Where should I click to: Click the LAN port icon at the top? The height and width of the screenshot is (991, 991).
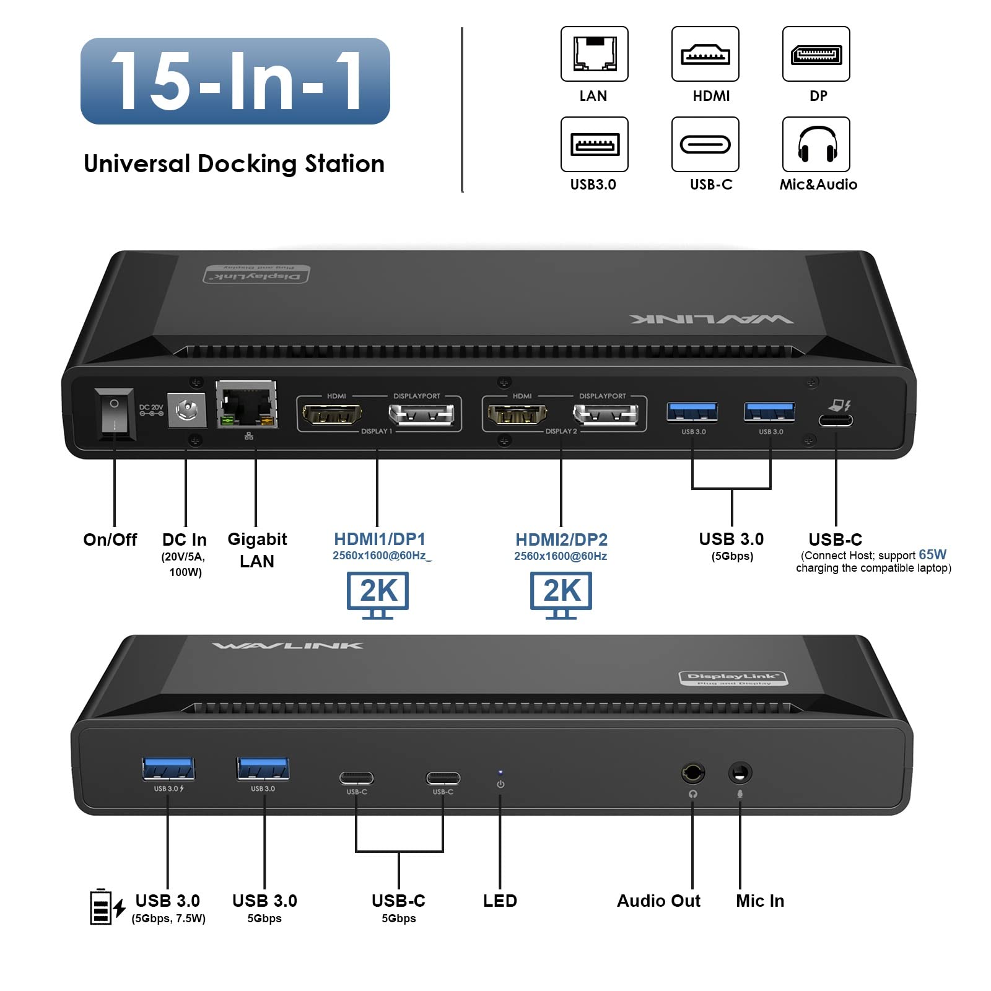tap(594, 54)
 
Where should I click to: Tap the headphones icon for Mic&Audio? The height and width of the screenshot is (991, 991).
tap(816, 144)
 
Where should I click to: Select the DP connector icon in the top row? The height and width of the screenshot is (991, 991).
tap(816, 54)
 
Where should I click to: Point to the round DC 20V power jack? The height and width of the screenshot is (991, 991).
tap(186, 409)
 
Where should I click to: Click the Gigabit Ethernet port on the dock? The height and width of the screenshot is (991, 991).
tap(247, 406)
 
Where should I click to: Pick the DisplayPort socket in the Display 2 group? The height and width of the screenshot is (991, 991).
tap(605, 414)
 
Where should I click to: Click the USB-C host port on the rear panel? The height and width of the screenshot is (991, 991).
tap(836, 421)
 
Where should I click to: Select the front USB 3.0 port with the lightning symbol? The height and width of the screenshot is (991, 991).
tap(168, 769)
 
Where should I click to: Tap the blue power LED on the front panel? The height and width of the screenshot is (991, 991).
tap(500, 773)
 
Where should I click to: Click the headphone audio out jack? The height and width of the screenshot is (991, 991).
tap(692, 773)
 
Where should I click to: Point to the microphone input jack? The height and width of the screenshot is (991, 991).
tap(740, 773)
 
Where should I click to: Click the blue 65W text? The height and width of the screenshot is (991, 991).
tap(932, 554)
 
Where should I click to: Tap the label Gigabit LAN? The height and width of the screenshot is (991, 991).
tap(257, 550)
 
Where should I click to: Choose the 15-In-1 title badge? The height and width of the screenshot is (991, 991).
tap(235, 81)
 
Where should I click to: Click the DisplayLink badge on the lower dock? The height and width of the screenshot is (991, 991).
tap(733, 678)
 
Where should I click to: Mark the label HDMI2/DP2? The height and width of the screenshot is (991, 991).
tap(561, 539)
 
